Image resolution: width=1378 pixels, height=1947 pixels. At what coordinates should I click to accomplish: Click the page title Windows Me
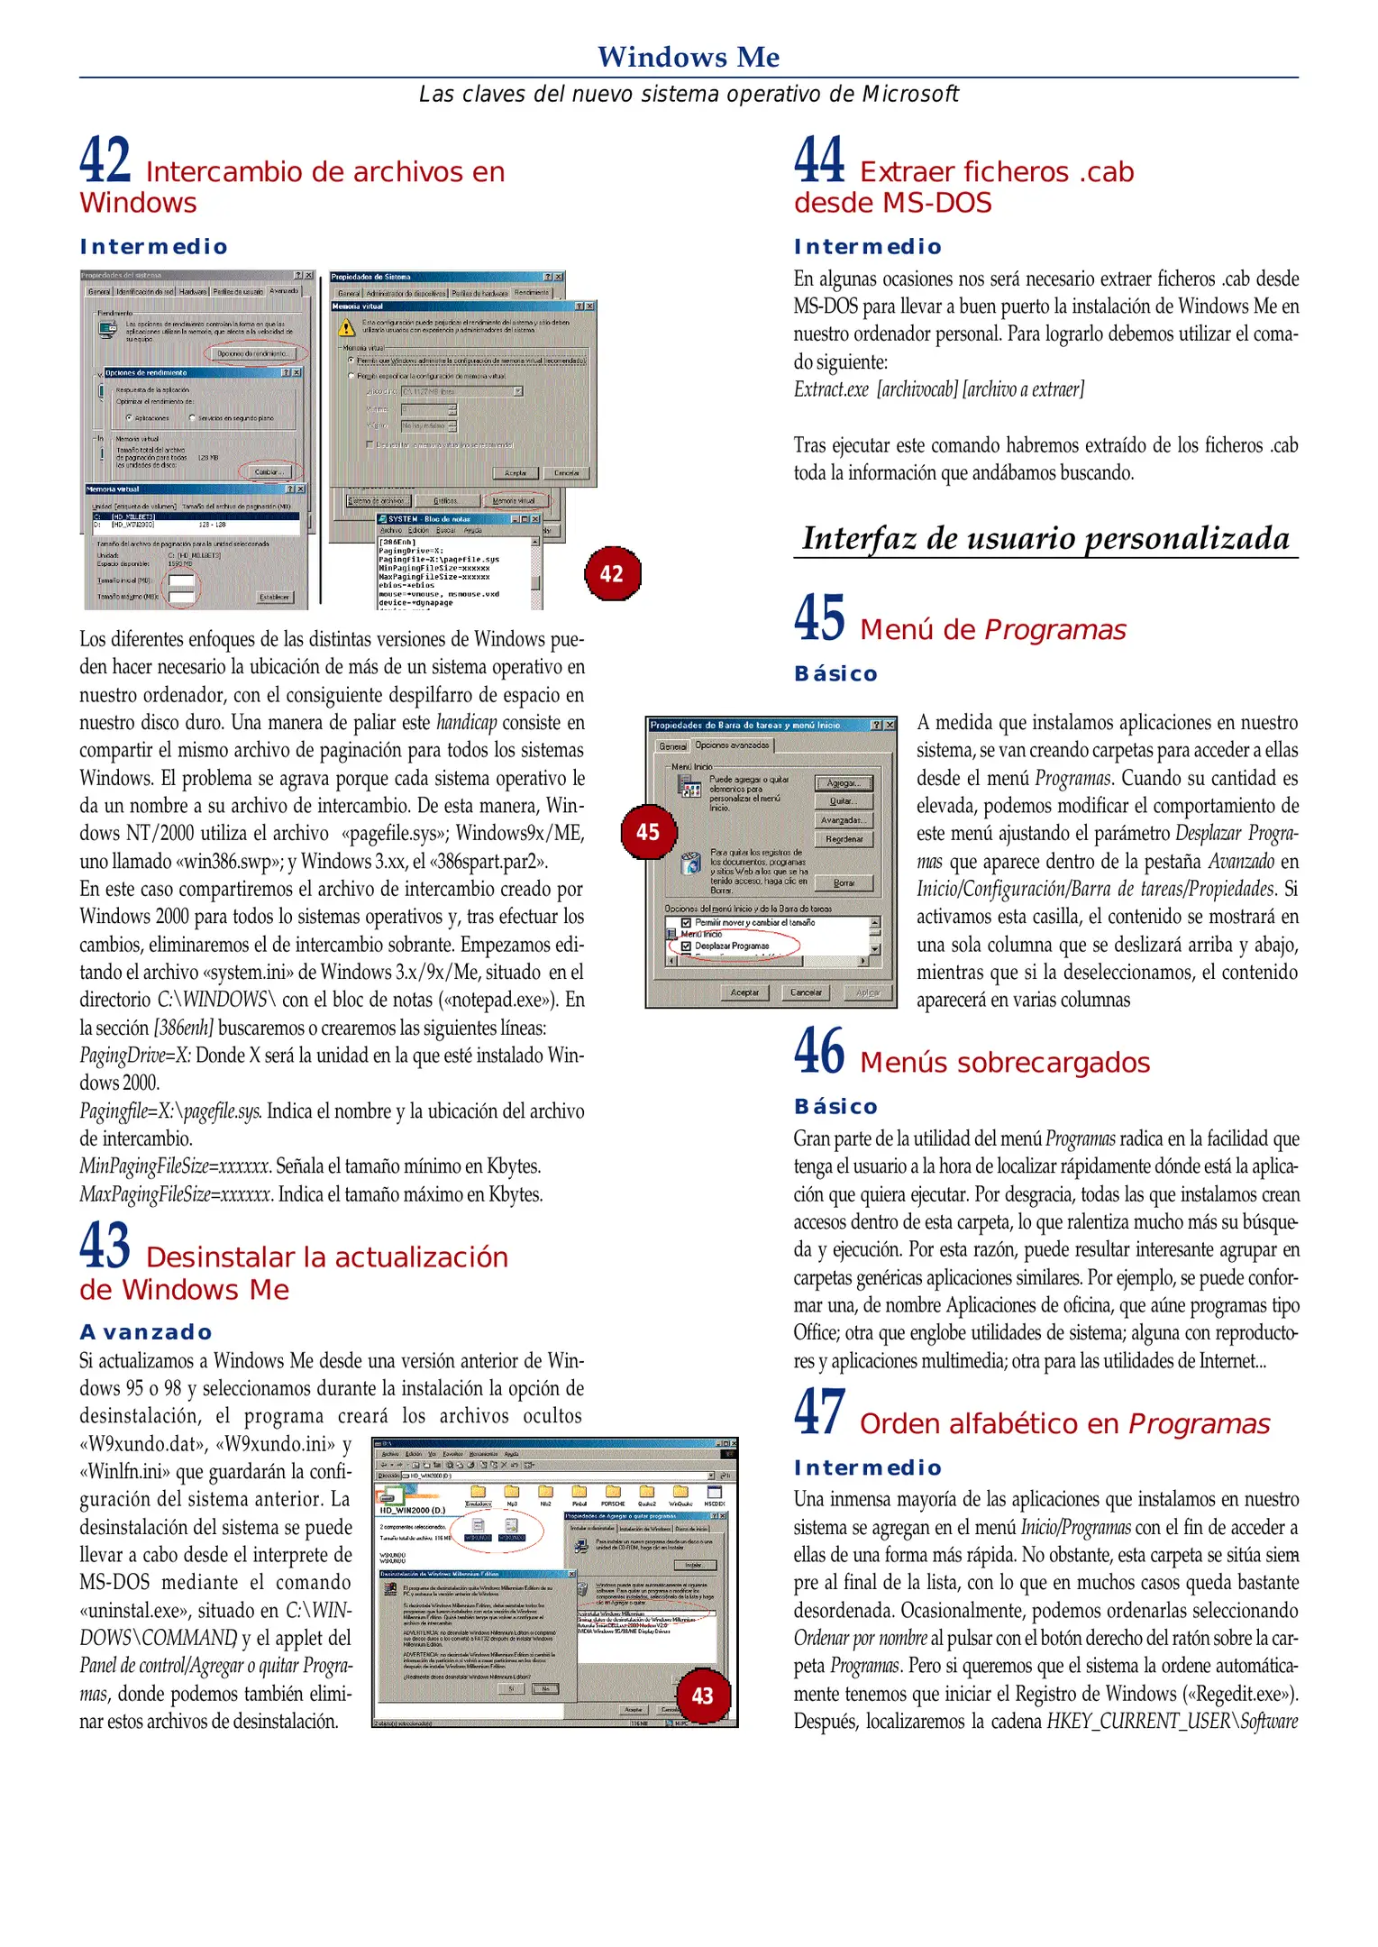pos(689,57)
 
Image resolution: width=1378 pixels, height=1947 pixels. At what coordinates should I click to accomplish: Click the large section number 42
pos(105,160)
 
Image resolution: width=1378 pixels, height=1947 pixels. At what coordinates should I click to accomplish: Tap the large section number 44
pos(819,160)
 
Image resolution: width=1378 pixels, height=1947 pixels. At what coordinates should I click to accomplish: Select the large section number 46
pos(819,1051)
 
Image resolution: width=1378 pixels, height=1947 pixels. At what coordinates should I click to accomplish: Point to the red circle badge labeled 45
pos(648,832)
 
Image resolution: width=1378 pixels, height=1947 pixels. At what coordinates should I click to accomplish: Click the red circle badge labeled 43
pos(702,1696)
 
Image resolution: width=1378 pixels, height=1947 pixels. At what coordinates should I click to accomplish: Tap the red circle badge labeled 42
pos(612,574)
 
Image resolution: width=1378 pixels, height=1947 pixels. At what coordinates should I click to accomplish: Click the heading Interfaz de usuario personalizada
pos(1045,538)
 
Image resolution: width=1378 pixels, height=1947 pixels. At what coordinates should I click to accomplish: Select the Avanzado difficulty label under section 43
pos(146,1331)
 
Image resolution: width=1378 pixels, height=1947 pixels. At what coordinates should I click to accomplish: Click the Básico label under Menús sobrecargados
pos(835,1106)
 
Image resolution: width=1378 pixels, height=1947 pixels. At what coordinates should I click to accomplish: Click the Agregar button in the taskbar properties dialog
pos(844,783)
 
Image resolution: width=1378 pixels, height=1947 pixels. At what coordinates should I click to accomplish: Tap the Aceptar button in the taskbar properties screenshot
pos(744,992)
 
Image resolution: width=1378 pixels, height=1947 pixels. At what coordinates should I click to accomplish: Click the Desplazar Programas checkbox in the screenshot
pos(687,946)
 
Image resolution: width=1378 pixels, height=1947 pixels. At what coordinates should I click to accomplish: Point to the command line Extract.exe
pos(831,389)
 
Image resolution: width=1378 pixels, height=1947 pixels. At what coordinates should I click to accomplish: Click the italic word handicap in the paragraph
pos(466,723)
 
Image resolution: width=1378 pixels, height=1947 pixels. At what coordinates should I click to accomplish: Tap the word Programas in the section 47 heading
pos(1199,1424)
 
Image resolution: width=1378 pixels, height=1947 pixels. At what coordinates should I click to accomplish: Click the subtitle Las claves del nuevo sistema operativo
pos(689,94)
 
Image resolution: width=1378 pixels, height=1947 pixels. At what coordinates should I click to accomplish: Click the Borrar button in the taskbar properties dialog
pos(844,883)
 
